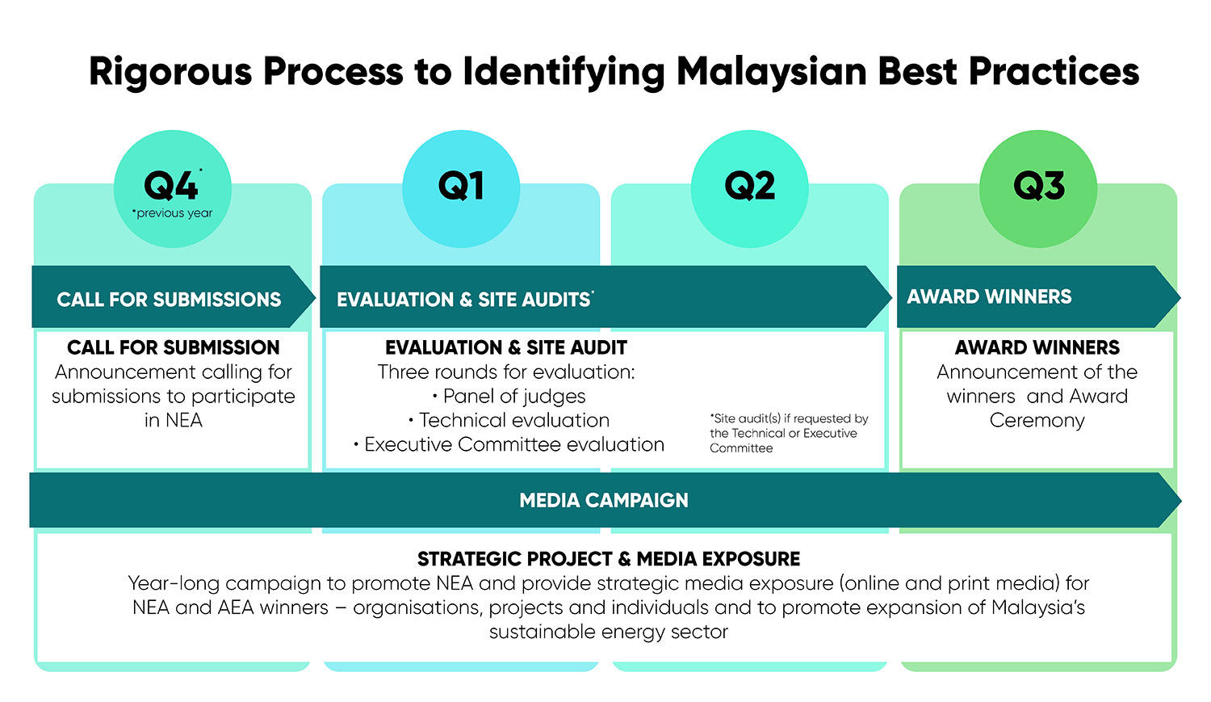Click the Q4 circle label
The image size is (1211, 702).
pyautogui.click(x=171, y=186)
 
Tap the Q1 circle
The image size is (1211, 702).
pyautogui.click(x=461, y=189)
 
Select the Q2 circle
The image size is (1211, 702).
pyautogui.click(x=750, y=189)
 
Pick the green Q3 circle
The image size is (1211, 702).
pyautogui.click(x=1038, y=189)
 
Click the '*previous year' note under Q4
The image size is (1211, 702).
pyautogui.click(x=173, y=213)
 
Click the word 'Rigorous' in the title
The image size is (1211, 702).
pyautogui.click(x=171, y=72)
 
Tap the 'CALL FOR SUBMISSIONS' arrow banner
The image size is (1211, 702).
pyautogui.click(x=173, y=296)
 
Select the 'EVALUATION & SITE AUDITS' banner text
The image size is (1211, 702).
pyautogui.click(x=465, y=299)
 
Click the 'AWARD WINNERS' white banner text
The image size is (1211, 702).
pyautogui.click(x=989, y=296)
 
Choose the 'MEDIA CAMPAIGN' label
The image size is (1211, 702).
pyautogui.click(x=604, y=500)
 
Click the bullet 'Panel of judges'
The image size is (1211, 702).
pyautogui.click(x=509, y=397)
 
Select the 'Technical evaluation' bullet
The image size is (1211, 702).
pyautogui.click(x=509, y=420)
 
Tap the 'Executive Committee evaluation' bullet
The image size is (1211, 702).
pyautogui.click(x=509, y=444)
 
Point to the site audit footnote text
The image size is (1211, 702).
pyautogui.click(x=789, y=433)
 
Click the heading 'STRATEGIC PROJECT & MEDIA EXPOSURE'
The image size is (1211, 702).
pyautogui.click(x=609, y=559)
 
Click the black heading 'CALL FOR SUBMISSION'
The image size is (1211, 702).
pyautogui.click(x=173, y=347)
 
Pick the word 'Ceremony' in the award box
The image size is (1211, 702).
pyautogui.click(x=1037, y=420)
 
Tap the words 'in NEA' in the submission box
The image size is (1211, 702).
pyautogui.click(x=173, y=420)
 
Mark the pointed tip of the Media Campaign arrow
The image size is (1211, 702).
pyautogui.click(x=1181, y=500)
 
